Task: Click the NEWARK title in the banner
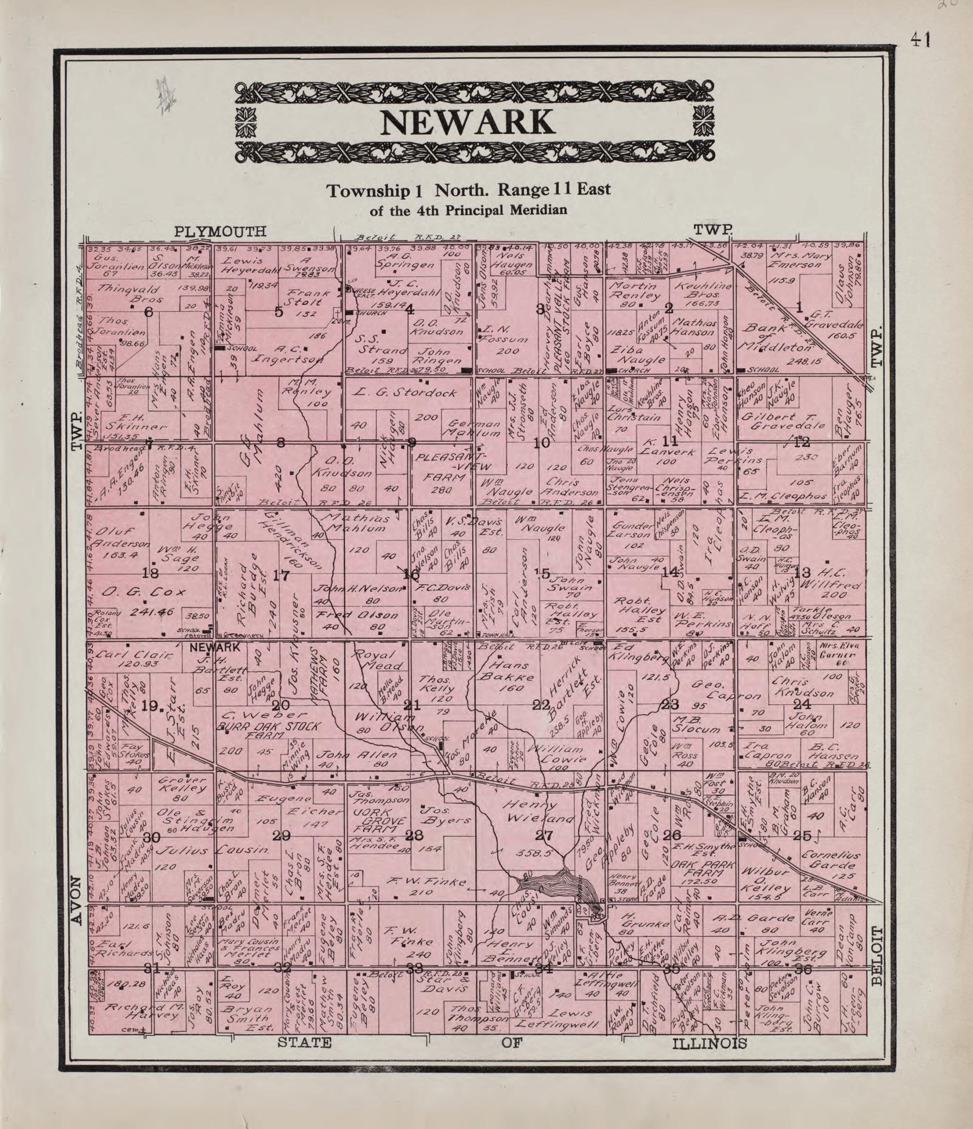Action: tap(467, 123)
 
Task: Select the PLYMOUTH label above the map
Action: tap(220, 232)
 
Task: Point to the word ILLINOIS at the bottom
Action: tap(710, 1044)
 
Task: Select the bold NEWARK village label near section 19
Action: tap(215, 648)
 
